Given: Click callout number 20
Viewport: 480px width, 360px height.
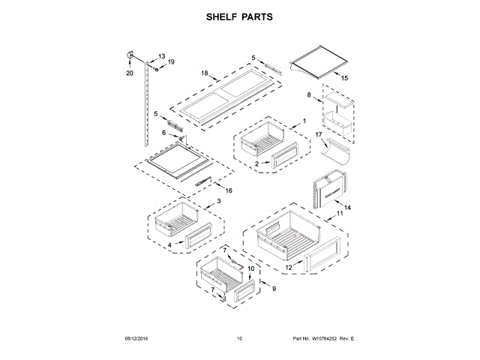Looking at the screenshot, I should (129, 73).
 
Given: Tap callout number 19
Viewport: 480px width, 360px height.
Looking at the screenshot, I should (170, 62).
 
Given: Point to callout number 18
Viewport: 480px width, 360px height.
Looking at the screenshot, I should (204, 73).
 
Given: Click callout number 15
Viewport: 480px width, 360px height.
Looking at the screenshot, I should (345, 78).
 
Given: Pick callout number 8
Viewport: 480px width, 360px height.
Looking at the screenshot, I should (308, 95).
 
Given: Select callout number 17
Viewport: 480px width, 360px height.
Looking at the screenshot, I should (318, 135).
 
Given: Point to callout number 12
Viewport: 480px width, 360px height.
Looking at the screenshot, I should (288, 267).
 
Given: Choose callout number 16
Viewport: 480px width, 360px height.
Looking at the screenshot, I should (229, 190).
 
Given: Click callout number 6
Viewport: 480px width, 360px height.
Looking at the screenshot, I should (163, 133).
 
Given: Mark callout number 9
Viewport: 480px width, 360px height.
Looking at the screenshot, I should (274, 289).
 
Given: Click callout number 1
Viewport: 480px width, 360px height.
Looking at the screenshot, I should (304, 120).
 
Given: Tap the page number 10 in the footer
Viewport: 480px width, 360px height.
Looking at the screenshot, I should (239, 340).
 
